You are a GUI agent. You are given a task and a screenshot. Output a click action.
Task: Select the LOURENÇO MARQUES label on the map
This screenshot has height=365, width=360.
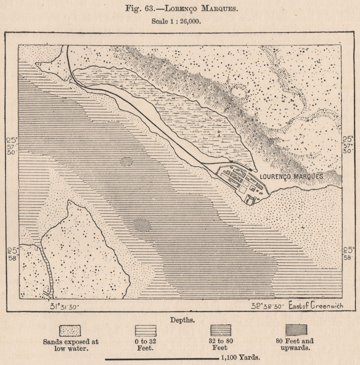[x=291, y=176]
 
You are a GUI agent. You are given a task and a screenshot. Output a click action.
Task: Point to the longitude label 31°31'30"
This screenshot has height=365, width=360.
[x=64, y=306]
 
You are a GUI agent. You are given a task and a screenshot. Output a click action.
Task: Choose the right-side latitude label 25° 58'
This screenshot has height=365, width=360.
[x=348, y=253]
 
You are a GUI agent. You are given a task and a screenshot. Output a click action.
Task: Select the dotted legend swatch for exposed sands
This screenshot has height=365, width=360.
[x=70, y=330]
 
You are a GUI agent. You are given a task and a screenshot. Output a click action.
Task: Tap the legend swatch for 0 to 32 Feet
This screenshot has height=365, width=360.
[x=145, y=330]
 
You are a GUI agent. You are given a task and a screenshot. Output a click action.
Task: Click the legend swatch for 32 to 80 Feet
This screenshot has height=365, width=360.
[x=221, y=330]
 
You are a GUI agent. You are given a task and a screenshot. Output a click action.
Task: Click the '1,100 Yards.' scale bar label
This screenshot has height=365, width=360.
[x=240, y=358]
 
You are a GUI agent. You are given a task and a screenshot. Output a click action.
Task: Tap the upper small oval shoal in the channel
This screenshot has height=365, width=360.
[x=126, y=161]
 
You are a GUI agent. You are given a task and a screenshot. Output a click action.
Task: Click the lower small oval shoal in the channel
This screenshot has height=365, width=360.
[x=142, y=225]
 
